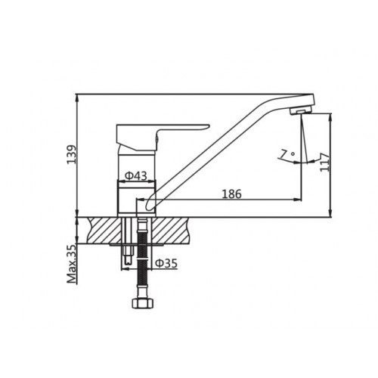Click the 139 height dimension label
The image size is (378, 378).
click(71, 154)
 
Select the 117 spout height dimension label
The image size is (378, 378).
click(325, 162)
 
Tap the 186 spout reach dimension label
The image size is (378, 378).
click(231, 194)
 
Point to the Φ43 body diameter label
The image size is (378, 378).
click(136, 175)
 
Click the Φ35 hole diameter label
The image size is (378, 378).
click(166, 264)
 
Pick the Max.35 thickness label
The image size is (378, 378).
click(72, 264)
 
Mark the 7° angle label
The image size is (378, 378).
click(287, 153)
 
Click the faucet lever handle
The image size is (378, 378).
click(161, 136)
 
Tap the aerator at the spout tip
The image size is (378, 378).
click(301, 110)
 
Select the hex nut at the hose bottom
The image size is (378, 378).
click(142, 303)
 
